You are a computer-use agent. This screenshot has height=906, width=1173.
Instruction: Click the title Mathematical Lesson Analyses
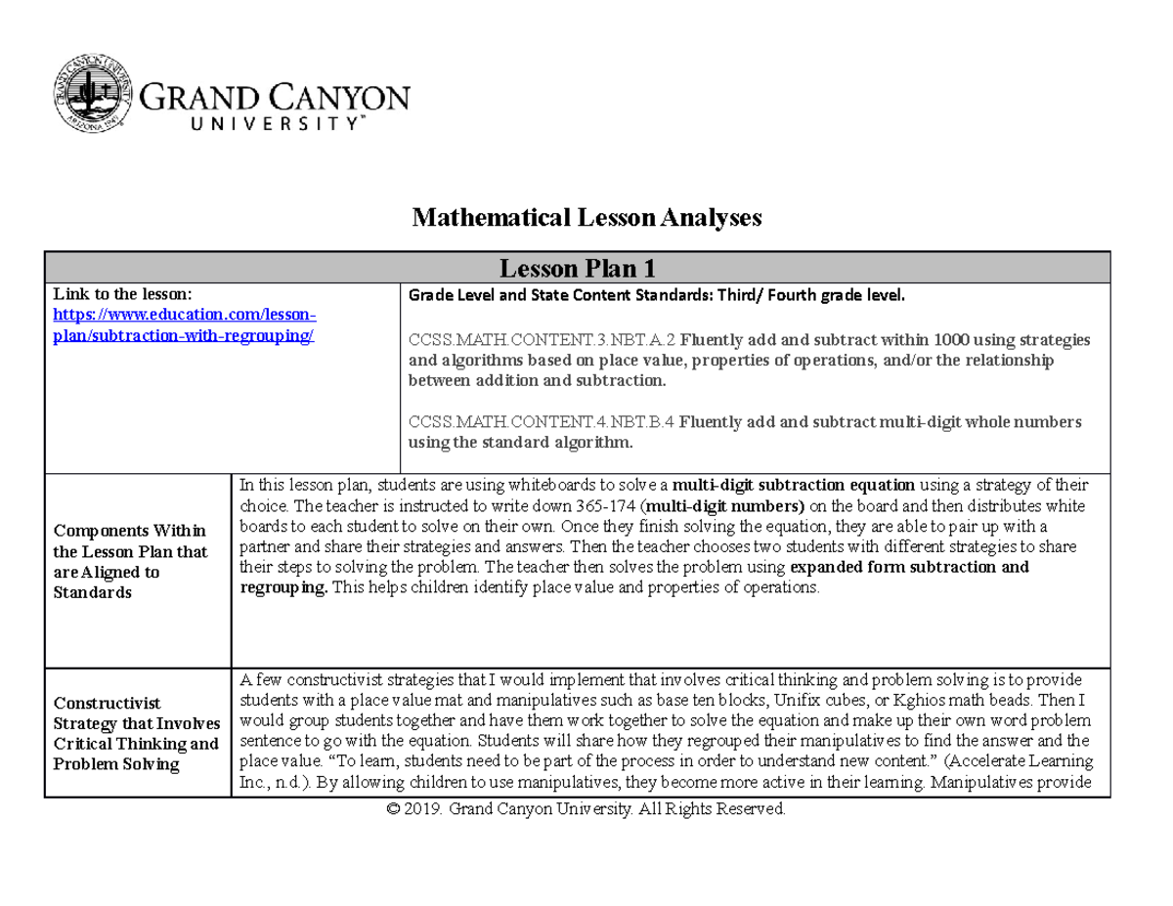tap(586, 218)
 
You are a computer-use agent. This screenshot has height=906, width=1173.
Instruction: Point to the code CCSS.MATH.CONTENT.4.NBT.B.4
tap(541, 422)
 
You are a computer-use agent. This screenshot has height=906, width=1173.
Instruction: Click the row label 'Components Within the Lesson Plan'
tap(130, 561)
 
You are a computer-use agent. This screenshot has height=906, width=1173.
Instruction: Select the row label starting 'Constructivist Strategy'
tap(136, 733)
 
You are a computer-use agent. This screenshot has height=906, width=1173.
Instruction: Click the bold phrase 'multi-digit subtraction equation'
tap(795, 485)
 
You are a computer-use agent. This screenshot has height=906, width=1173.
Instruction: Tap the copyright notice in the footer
tap(586, 810)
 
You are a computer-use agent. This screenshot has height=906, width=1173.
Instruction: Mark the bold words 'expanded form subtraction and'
tap(908, 567)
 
